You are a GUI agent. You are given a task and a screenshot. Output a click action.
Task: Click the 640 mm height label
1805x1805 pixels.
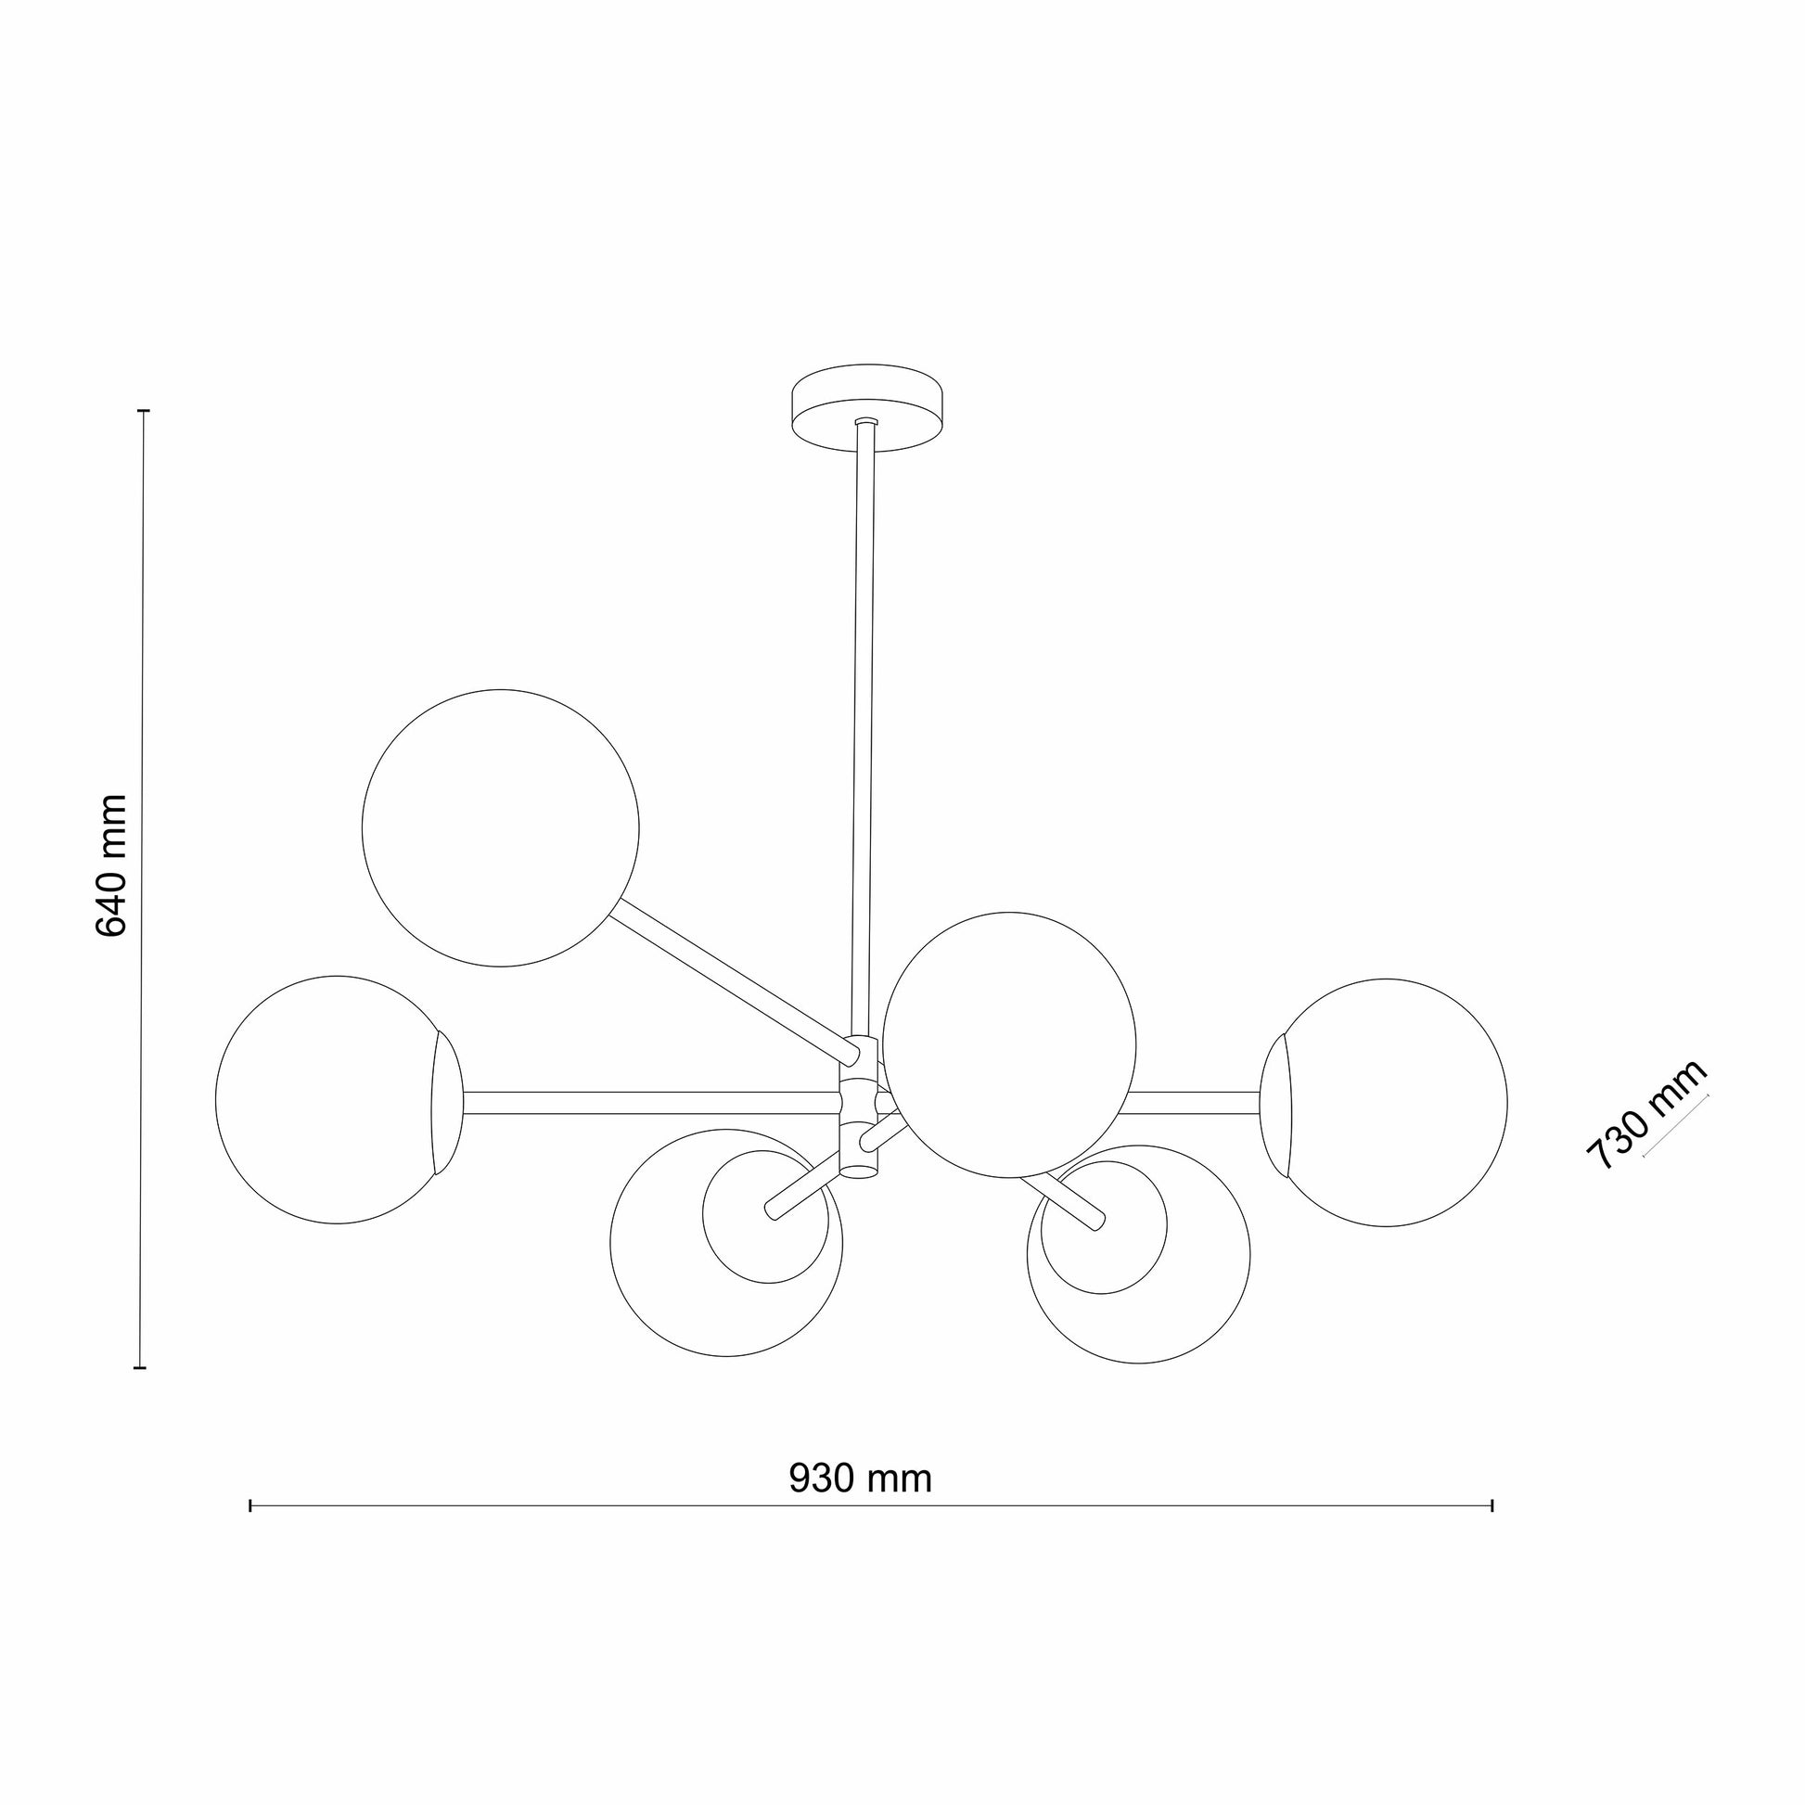click(x=111, y=865)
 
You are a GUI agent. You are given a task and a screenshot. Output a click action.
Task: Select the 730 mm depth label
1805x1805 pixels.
click(x=1645, y=1116)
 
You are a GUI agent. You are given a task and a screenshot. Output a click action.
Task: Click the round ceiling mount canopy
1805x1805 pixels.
click(x=867, y=406)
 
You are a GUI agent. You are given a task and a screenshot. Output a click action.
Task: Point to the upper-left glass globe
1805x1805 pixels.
click(x=501, y=827)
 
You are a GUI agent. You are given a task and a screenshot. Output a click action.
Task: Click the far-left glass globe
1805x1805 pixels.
click(x=339, y=1100)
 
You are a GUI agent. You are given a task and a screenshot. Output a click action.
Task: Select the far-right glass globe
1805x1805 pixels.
click(x=1384, y=1103)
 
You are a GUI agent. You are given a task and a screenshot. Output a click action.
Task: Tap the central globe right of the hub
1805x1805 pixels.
click(x=1009, y=1045)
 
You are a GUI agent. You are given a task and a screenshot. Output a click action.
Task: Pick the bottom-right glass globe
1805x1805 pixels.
click(x=1139, y=1253)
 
